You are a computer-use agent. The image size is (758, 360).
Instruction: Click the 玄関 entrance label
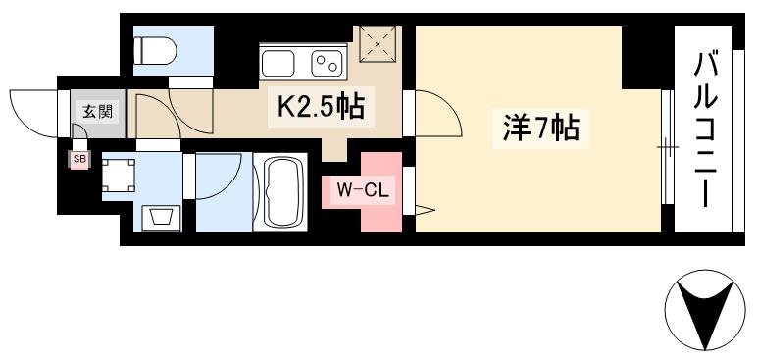96,111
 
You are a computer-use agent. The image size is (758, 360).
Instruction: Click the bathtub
282,192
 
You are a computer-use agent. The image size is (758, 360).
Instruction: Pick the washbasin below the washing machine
159,216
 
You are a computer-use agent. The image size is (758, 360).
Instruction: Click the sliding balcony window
667,148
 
